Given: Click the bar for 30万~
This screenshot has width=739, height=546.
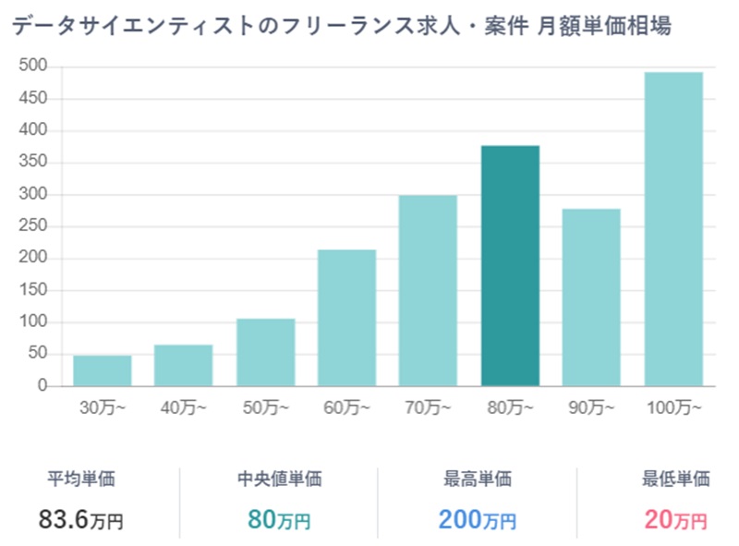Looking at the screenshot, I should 103,370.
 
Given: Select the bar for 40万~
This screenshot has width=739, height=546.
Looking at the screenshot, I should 184,365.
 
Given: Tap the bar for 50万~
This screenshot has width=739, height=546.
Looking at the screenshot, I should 266,352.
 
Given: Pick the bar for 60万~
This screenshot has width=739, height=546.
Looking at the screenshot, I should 346,318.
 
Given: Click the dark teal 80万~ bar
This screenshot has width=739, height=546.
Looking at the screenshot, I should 510,266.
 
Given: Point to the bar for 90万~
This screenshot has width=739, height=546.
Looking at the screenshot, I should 591,297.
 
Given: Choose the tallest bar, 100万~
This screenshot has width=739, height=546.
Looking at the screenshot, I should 673,229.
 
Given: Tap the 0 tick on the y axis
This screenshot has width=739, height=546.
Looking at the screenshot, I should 42,386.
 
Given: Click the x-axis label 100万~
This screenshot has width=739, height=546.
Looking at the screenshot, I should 673,407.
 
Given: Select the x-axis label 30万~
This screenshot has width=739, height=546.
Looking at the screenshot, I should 103,407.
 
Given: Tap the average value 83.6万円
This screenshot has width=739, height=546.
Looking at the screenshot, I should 81,520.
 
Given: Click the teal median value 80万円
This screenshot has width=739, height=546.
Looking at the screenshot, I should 279,520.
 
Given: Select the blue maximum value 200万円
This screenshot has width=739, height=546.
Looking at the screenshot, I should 478,520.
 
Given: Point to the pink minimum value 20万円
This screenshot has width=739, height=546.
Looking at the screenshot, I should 676,520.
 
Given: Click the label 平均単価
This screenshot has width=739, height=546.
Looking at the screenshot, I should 81,479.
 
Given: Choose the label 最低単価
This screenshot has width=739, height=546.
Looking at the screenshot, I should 676,479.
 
